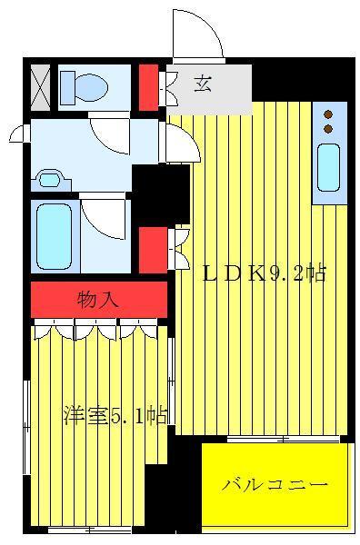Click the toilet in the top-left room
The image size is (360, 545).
tap(84, 87)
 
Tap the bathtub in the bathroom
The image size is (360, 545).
tap(55, 237)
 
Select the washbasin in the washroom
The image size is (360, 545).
tap(50, 180)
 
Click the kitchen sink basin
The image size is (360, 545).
tap(328, 167)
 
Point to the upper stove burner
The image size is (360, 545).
tap(328, 114)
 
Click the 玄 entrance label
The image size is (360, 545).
tap(203, 84)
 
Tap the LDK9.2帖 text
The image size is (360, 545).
tap(265, 274)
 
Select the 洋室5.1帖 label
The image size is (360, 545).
tap(115, 415)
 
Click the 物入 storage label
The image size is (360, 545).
tap(98, 300)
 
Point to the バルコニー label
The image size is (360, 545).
tap(275, 484)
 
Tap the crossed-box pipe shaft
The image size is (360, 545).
tap(40, 87)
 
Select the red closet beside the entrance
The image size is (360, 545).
tap(149, 87)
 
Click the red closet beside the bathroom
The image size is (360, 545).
tap(153, 251)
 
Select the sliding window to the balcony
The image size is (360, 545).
tap(283, 440)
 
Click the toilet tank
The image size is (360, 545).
tap(68, 87)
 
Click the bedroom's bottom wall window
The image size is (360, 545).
tap(89, 530)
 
